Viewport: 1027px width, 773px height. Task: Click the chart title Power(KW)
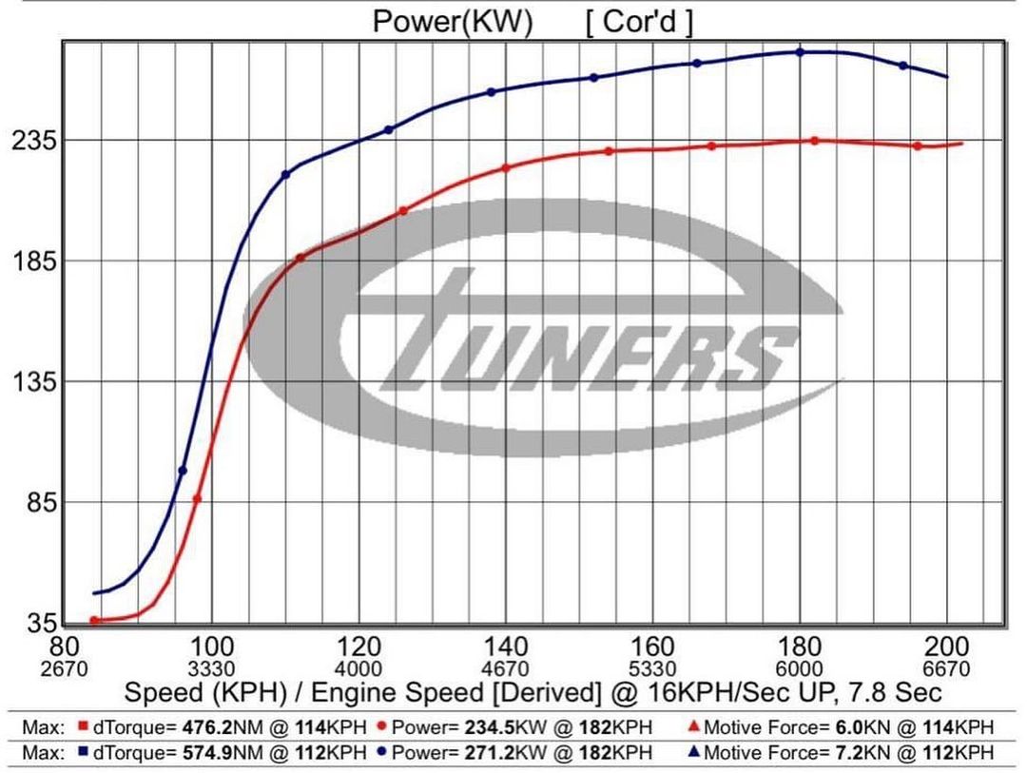pos(453,21)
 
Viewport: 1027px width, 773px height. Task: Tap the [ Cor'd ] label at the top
pos(639,21)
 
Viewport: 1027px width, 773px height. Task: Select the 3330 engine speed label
pos(211,667)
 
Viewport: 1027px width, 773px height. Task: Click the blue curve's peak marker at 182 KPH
pos(800,52)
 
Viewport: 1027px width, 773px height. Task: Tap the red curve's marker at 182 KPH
pos(815,141)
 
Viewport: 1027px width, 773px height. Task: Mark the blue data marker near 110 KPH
pos(285,175)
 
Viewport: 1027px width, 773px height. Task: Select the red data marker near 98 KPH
pos(198,498)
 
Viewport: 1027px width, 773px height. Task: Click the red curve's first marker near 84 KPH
pos(94,620)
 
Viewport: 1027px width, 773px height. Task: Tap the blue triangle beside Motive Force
pos(694,752)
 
